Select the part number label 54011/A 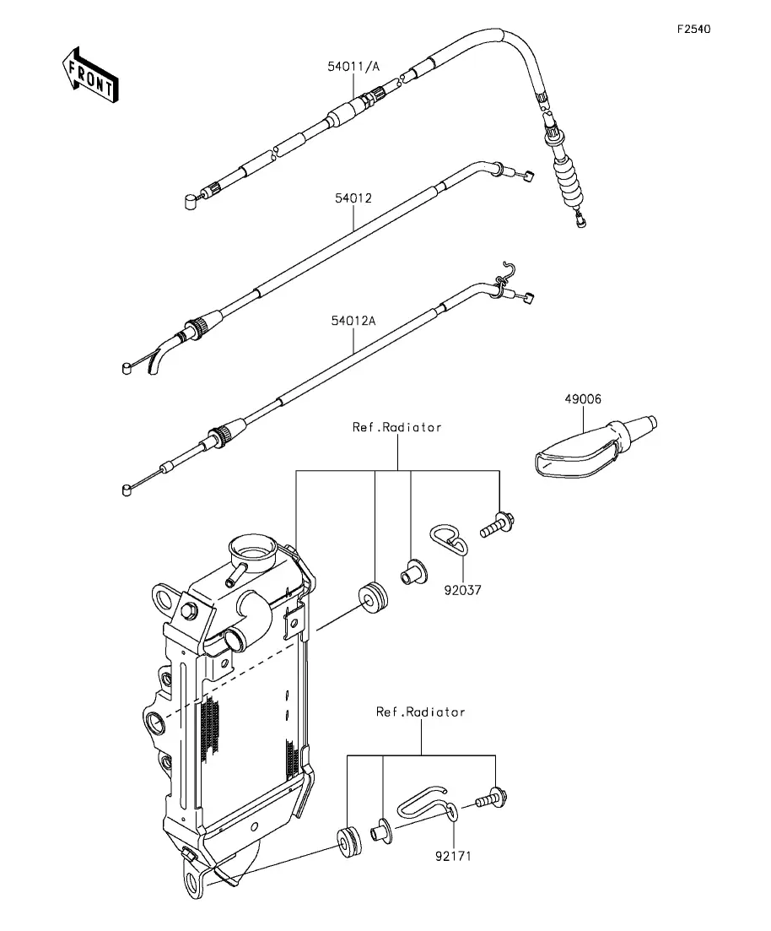point(353,66)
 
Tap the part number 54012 point(353,198)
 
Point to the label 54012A point(353,321)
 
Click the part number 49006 point(582,399)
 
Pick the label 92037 point(462,590)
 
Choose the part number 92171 point(453,856)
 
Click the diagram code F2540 point(694,29)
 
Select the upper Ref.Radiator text point(397,427)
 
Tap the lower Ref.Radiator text point(420,712)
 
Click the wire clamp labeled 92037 point(449,539)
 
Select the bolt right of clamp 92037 point(497,525)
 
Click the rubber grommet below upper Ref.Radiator point(374,599)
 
